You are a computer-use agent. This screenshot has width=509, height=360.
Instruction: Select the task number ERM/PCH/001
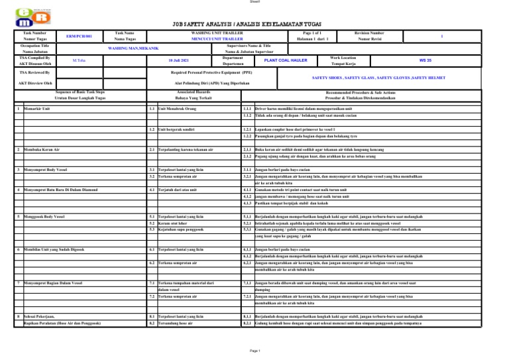tap(79, 36)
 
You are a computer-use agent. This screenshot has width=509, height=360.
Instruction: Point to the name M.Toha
tap(79, 60)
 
